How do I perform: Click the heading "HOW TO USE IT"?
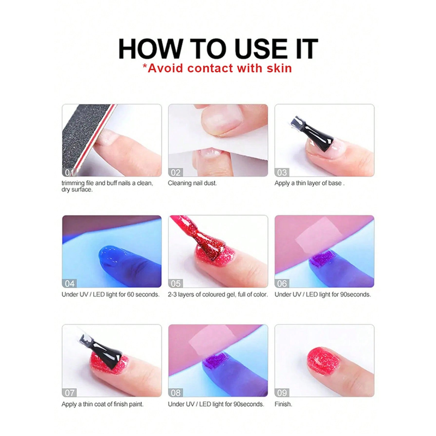(x=218, y=49)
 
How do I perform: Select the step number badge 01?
(x=69, y=172)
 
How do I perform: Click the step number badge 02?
(x=175, y=172)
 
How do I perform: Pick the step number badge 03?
(x=282, y=172)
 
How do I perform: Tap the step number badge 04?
(x=69, y=283)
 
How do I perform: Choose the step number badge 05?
(x=175, y=283)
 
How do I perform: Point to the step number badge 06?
(x=282, y=283)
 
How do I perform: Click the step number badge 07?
(x=69, y=392)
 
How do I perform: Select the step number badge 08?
(x=175, y=392)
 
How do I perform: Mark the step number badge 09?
(x=282, y=392)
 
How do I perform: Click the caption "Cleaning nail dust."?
(x=192, y=183)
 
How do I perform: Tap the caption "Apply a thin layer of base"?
(x=308, y=183)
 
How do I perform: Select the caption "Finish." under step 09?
(x=283, y=404)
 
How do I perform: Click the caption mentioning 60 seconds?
(x=111, y=294)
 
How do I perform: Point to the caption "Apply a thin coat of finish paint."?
(x=102, y=404)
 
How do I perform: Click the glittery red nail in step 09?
(x=323, y=361)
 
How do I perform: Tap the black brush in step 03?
(x=311, y=133)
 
